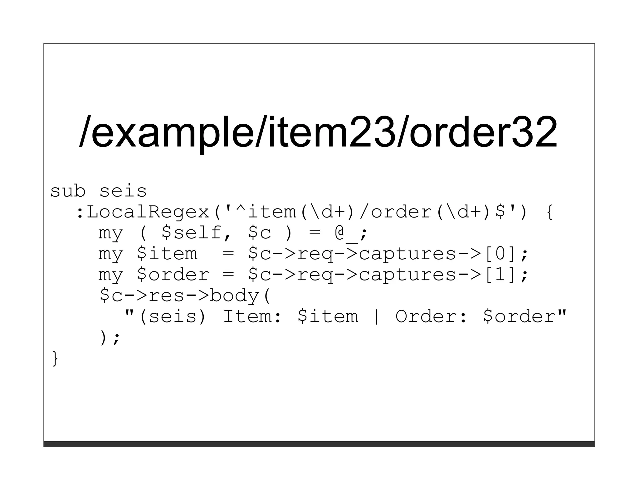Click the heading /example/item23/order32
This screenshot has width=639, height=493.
(x=318, y=132)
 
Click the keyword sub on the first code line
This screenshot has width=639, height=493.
(x=68, y=191)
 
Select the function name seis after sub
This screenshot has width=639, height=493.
(x=123, y=191)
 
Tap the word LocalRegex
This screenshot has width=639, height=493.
(x=148, y=212)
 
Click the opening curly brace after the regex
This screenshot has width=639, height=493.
(x=549, y=212)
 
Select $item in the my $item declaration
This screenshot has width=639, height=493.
(x=167, y=254)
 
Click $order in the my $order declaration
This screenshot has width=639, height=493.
(x=173, y=275)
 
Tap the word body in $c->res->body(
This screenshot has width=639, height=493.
(x=234, y=295)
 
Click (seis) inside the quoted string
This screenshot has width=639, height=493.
(x=173, y=316)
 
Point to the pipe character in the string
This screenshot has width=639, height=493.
(x=377, y=316)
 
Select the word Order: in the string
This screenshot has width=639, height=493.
(x=432, y=316)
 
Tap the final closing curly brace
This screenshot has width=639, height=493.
(x=55, y=358)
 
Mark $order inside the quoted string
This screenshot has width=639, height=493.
(x=519, y=316)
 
